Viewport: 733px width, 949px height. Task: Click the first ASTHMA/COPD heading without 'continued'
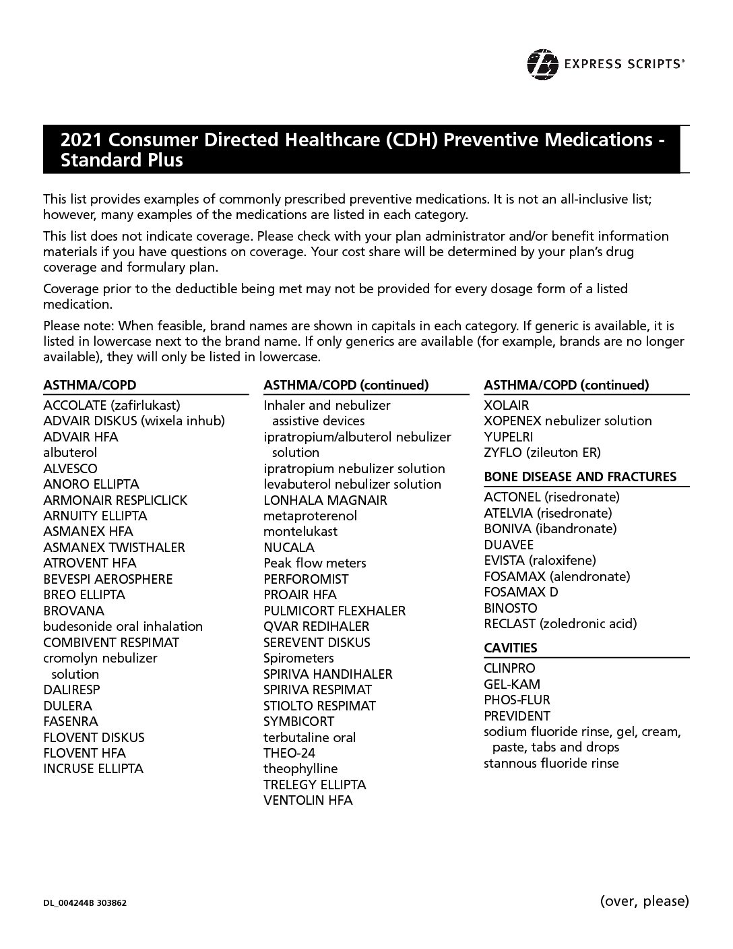point(90,385)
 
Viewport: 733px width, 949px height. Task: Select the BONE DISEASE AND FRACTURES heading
point(579,477)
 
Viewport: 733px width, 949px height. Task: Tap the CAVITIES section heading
point(510,648)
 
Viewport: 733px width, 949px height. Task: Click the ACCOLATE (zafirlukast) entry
point(112,405)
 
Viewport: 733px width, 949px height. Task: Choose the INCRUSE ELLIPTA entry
point(93,768)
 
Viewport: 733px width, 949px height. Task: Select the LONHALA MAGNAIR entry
point(325,500)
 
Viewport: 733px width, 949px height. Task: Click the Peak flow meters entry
point(315,563)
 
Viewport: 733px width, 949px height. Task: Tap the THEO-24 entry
point(289,753)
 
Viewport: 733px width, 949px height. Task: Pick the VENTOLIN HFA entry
point(308,800)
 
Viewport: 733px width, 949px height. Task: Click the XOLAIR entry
point(506,405)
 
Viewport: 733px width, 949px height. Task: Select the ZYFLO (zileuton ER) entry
point(542,452)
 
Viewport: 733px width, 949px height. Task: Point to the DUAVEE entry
point(508,545)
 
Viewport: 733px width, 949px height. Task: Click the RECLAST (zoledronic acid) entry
point(559,623)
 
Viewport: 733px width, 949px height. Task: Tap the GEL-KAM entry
point(511,684)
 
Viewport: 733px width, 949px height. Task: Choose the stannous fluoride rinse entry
point(550,763)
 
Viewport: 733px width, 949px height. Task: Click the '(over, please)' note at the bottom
point(643,900)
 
